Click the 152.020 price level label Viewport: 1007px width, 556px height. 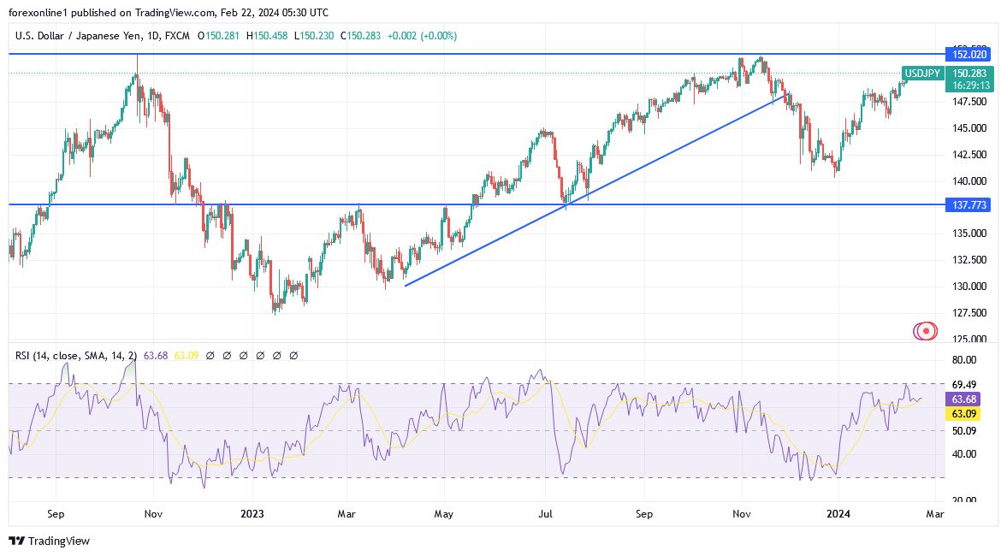point(968,54)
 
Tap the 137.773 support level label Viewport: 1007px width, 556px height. point(968,205)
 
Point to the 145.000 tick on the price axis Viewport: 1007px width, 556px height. point(970,128)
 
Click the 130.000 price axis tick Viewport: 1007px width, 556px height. point(970,287)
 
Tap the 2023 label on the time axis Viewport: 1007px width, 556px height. point(252,514)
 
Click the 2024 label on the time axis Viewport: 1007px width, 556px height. point(838,514)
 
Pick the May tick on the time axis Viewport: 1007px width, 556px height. point(444,514)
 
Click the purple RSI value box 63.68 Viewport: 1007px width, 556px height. point(963,399)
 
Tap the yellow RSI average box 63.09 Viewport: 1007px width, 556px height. point(963,414)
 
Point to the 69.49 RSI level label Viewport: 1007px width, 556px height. point(963,384)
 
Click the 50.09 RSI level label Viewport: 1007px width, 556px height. point(963,431)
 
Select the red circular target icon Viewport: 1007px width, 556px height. point(925,330)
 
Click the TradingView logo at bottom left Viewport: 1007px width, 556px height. point(49,541)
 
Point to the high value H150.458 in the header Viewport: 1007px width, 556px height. point(269,36)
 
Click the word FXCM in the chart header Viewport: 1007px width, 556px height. point(177,36)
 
